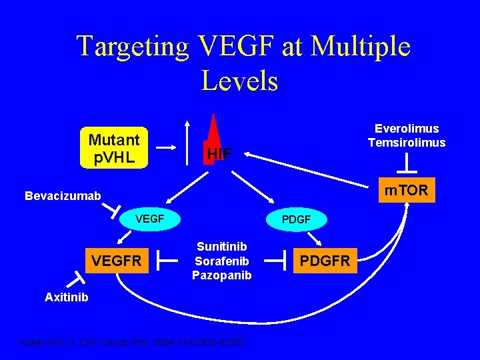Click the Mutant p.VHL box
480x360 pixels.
click(114, 148)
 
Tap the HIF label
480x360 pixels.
click(219, 154)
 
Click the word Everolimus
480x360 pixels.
click(407, 129)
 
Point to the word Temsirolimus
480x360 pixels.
click(407, 143)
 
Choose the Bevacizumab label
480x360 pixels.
click(63, 196)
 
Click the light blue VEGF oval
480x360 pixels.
click(150, 218)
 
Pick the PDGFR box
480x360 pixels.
click(327, 261)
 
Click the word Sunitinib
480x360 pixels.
click(222, 246)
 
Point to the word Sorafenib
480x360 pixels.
click(222, 261)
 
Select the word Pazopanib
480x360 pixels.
click(222, 275)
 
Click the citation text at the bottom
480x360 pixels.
click(133, 342)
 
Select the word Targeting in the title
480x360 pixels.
click(133, 47)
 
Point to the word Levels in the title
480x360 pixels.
click(239, 81)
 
